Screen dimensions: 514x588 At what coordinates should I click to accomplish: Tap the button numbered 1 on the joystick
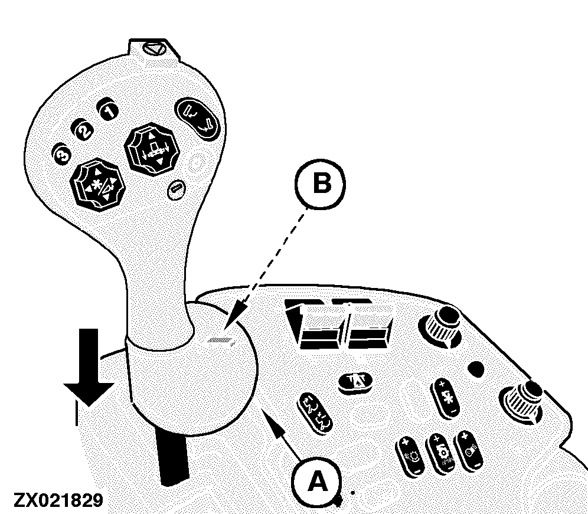[108, 110]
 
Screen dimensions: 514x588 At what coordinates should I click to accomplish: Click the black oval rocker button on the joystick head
[198, 117]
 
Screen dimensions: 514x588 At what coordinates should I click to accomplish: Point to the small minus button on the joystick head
[175, 189]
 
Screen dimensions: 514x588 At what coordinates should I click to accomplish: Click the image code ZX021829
[56, 500]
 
